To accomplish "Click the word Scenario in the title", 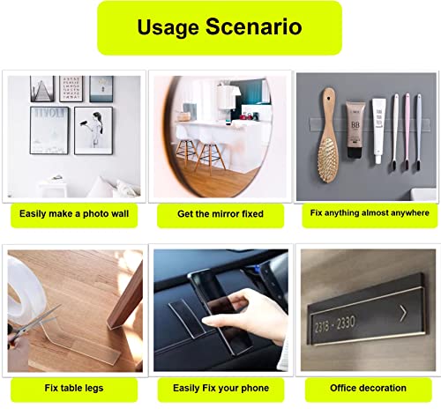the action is point(254,26).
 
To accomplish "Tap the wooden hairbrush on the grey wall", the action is point(329,135).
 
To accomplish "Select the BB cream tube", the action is point(355,130).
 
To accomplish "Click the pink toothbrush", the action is point(407,131).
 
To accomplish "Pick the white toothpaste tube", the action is point(379,130).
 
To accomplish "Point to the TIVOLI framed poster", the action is point(49,130).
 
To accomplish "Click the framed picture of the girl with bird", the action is point(93,130).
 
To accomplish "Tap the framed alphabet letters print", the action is point(71,89).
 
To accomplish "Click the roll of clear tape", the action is point(25,293).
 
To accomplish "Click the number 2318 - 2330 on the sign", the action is point(335,323).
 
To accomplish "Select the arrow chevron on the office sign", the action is point(403,313).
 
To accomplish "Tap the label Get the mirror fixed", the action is point(220,214).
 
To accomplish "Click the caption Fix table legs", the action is point(74,388).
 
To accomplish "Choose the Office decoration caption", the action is point(368,388).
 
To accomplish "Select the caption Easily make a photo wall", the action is point(74,213).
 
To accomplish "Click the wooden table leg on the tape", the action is point(126,297).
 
